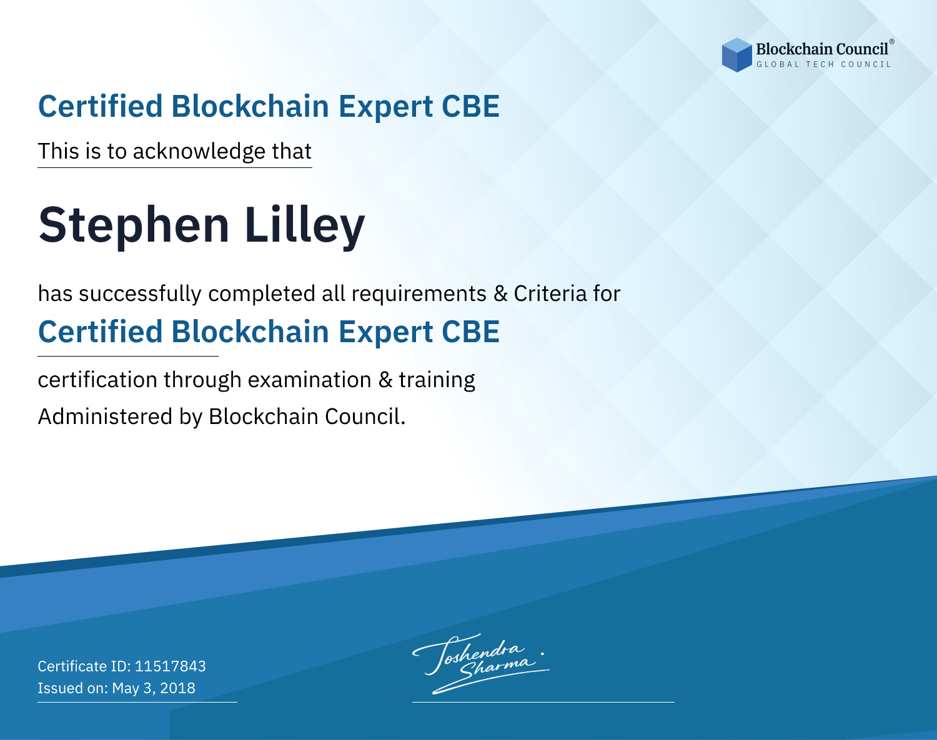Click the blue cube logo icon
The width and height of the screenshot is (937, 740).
pyautogui.click(x=736, y=55)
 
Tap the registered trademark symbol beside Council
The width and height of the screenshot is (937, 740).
pyautogui.click(x=891, y=42)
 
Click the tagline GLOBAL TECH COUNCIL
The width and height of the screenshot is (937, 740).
pyautogui.click(x=824, y=64)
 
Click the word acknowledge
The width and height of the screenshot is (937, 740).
pyautogui.click(x=199, y=152)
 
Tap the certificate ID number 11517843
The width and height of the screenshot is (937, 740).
pyautogui.click(x=171, y=666)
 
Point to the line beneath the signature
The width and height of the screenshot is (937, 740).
pyautogui.click(x=543, y=702)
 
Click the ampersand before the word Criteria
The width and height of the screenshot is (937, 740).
pyautogui.click(x=500, y=294)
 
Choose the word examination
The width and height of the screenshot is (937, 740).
pyautogui.click(x=309, y=380)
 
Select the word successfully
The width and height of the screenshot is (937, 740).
pyautogui.click(x=140, y=294)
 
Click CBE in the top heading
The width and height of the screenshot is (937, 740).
pyautogui.click(x=470, y=107)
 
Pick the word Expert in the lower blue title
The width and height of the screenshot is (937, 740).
pyautogui.click(x=386, y=333)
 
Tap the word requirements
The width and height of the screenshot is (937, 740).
pyautogui.click(x=419, y=295)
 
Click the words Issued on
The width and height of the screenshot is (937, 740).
pyautogui.click(x=72, y=688)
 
